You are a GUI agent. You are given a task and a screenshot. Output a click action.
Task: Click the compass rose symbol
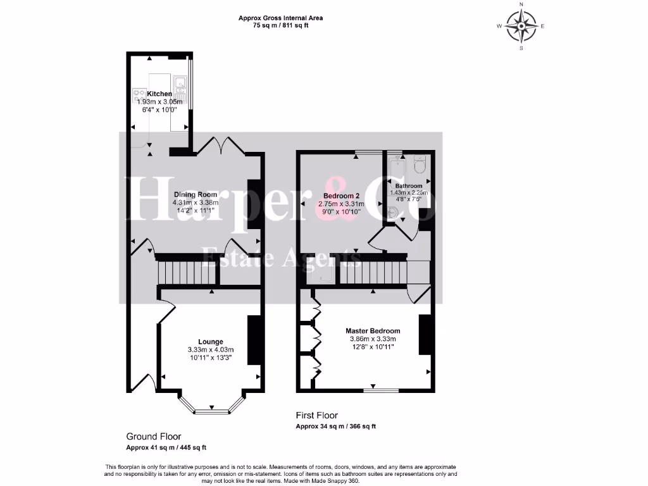pos(521,26)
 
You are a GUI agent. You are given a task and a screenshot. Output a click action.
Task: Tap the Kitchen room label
pos(159,94)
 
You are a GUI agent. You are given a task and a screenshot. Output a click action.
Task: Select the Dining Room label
pos(196,194)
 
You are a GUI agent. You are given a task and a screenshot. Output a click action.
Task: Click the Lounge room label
pos(210,342)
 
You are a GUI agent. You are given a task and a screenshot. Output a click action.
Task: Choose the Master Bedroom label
pos(373,331)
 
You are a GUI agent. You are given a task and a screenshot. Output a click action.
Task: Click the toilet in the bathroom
pos(420,165)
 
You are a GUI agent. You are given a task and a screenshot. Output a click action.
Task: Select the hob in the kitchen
pos(139,96)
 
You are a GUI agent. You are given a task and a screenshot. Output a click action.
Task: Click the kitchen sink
pos(180,82)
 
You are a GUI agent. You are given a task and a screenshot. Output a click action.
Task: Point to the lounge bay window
pos(211,410)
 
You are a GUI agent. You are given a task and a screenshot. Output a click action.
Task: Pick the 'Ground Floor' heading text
pos(154,437)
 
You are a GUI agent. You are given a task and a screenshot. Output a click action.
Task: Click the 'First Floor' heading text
pos(317,416)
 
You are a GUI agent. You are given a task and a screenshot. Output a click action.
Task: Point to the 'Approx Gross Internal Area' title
pos(284,18)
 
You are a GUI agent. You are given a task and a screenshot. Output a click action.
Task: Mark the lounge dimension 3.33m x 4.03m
pos(211,350)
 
